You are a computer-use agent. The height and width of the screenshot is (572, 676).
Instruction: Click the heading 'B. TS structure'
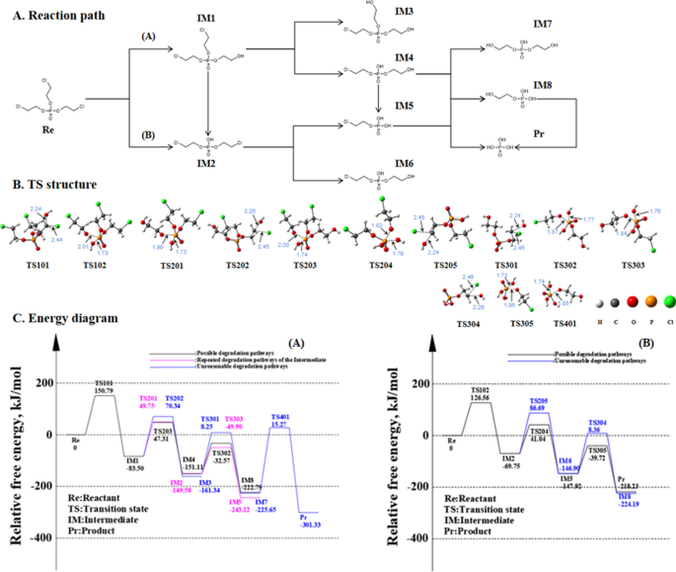pyautogui.click(x=54, y=185)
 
